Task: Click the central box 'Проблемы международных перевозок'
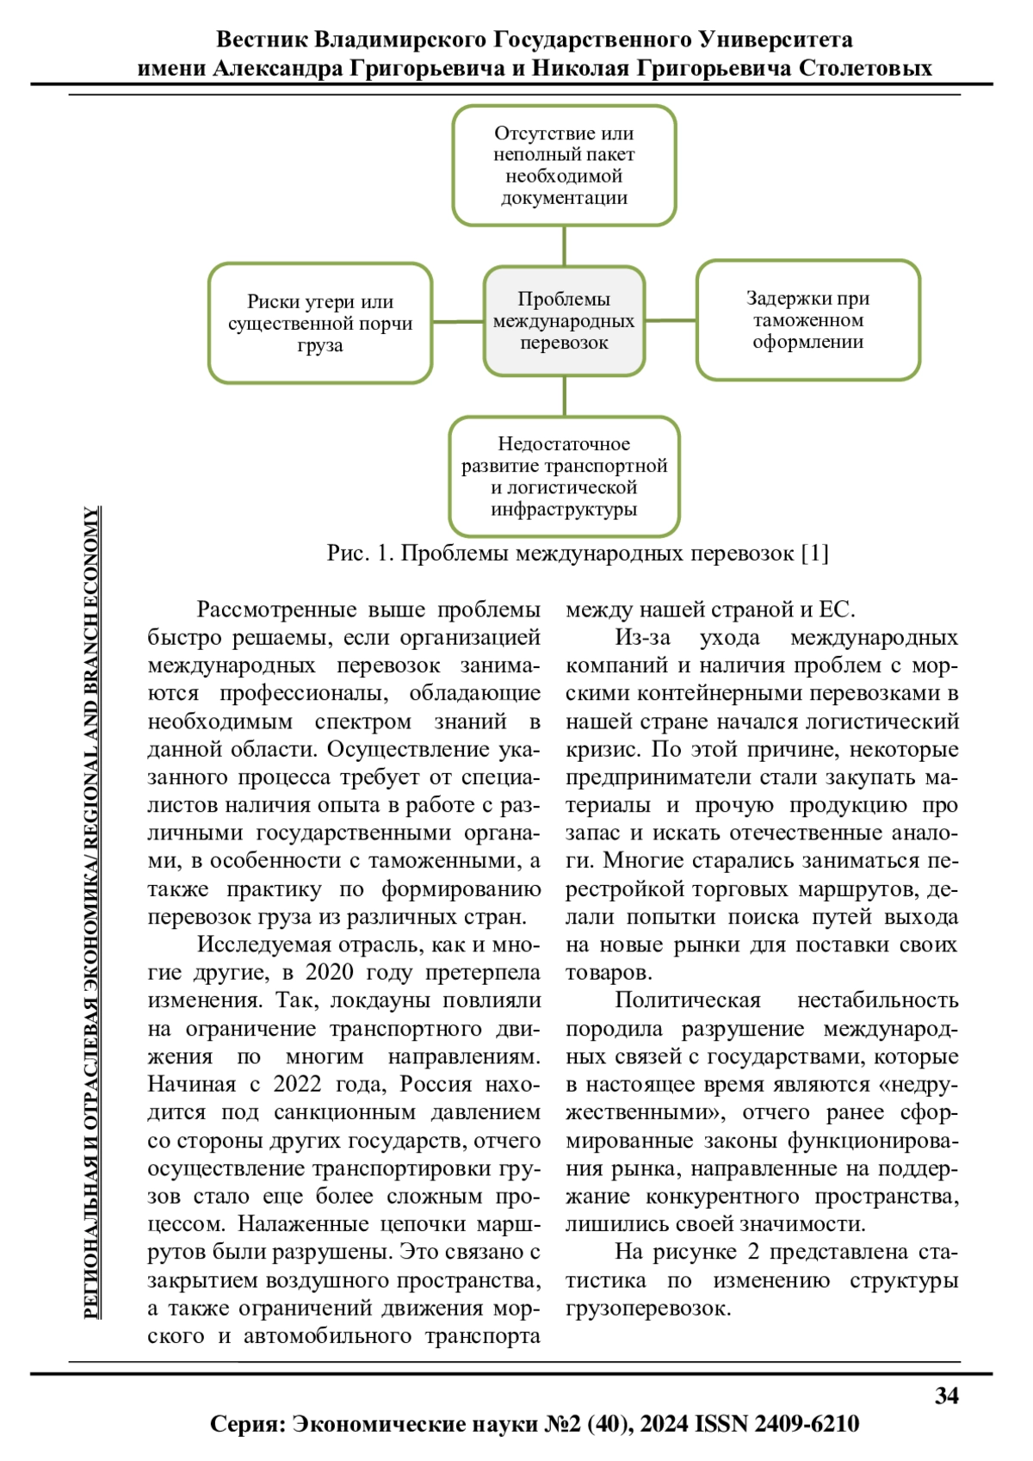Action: (x=564, y=321)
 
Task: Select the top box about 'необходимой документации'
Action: (x=564, y=165)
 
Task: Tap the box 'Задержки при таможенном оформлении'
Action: (x=807, y=320)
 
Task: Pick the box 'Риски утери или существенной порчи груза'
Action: (x=320, y=323)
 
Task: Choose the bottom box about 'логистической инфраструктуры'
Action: (x=564, y=476)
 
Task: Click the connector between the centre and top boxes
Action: (x=564, y=245)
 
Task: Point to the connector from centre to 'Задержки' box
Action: (x=671, y=320)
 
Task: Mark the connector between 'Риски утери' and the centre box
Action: (x=458, y=322)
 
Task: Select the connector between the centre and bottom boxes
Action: (x=564, y=396)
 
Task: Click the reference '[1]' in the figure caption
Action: (x=814, y=553)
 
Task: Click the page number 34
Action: (x=946, y=1396)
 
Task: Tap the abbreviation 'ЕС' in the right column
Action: (x=835, y=610)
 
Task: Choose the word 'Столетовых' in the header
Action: (x=865, y=68)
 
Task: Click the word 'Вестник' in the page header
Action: (x=262, y=40)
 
